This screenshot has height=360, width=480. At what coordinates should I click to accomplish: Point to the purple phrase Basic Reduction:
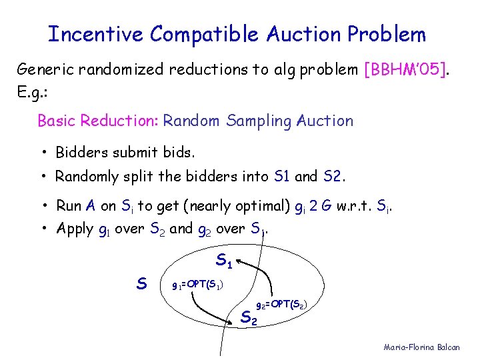(98, 121)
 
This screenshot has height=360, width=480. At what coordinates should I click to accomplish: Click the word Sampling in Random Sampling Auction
(260, 121)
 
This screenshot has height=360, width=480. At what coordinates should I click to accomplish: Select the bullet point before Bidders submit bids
(42, 153)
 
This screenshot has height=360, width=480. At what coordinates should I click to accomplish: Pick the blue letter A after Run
(89, 206)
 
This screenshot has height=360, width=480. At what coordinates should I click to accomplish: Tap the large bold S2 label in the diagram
(248, 318)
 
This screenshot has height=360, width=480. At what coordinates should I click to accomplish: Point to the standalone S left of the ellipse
(141, 283)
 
